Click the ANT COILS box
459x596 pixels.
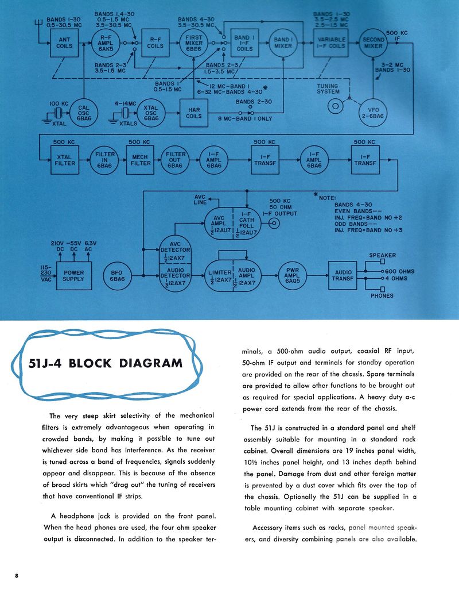point(65,43)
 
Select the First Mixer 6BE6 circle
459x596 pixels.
point(197,43)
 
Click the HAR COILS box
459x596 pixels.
point(194,111)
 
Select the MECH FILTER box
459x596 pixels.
point(140,159)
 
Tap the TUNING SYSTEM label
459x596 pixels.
point(328,89)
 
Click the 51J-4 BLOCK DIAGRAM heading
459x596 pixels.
point(106,363)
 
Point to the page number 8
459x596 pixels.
point(17,575)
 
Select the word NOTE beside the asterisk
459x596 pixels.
point(328,198)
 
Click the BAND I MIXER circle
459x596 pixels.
point(283,43)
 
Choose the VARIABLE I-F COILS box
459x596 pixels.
point(331,43)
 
